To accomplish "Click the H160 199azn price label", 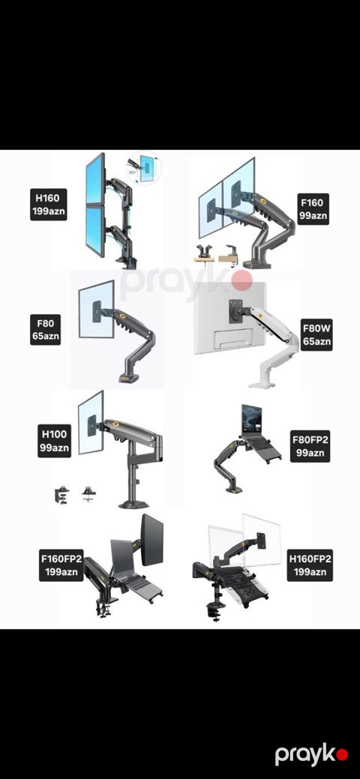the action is [48, 204].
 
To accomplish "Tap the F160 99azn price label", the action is [312, 208].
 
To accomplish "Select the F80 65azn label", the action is [45, 330].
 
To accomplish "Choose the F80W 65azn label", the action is [316, 335].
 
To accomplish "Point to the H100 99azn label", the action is [54, 440].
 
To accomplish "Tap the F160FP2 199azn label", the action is [61, 565].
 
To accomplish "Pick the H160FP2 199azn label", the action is [310, 565].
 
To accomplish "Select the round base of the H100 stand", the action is [133, 505].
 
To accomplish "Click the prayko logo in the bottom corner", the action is [312, 755].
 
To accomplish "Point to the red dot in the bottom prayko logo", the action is [342, 756].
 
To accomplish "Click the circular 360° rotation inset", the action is [144, 166].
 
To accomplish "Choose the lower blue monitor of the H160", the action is [95, 230].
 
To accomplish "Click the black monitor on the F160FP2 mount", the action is [151, 540].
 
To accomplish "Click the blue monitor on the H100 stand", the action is [91, 422].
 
